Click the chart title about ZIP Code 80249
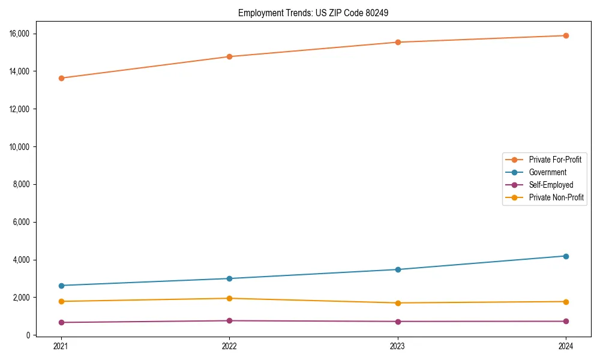coord(313,13)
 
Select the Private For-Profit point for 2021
coord(61,78)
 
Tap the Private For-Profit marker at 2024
coord(566,35)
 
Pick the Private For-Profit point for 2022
coord(229,56)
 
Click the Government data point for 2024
coord(566,256)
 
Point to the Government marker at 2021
coord(61,286)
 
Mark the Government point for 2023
coord(398,269)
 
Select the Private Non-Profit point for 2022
coord(229,298)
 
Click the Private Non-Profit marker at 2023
coord(398,303)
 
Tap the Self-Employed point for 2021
coord(61,322)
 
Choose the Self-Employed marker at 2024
coord(566,321)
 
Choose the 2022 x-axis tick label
coord(229,346)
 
